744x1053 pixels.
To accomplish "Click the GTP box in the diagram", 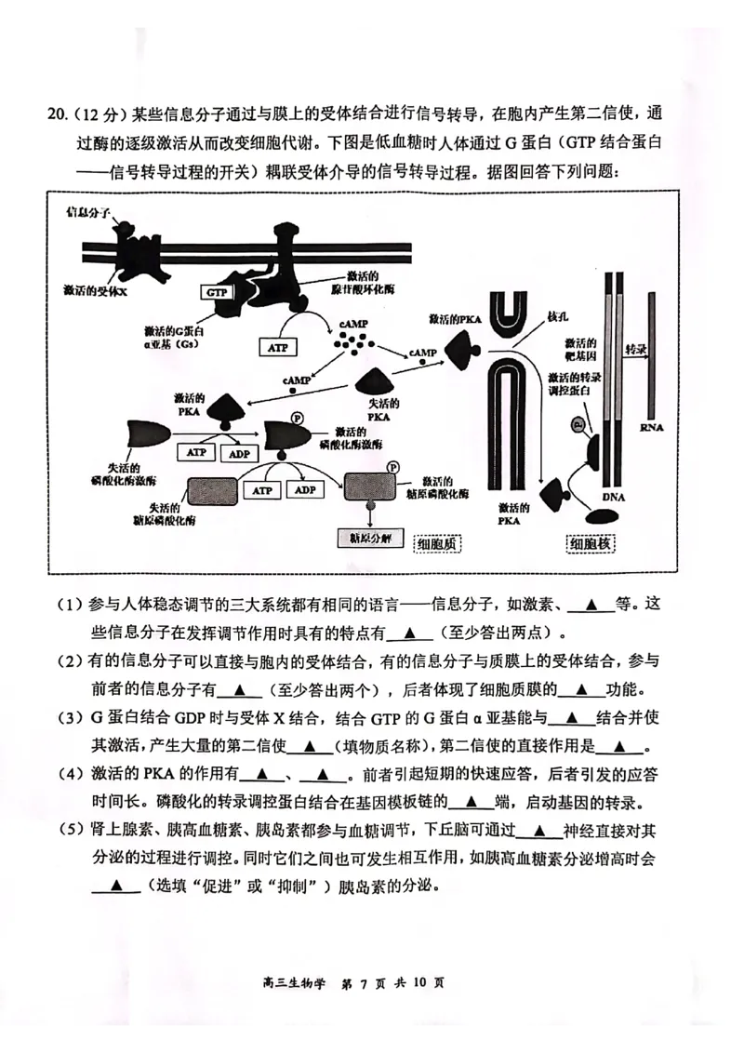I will point(217,292).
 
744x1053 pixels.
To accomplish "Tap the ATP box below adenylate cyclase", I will point(278,347).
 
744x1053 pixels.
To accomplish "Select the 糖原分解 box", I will point(367,538).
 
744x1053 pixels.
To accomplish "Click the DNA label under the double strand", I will point(614,497).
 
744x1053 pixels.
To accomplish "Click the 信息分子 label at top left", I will point(86,213).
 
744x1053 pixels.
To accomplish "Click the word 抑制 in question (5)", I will point(297,886).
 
